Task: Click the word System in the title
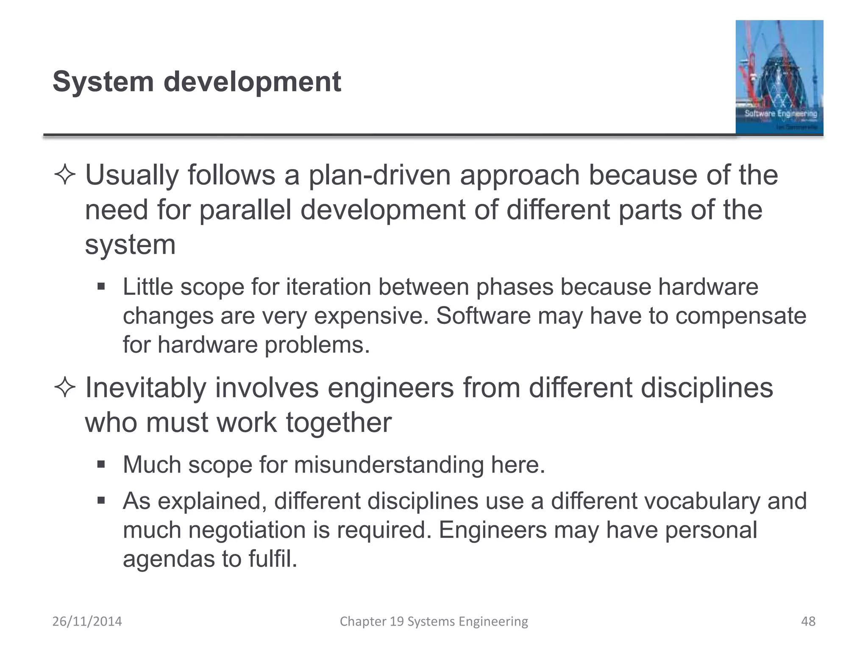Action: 103,82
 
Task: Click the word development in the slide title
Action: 252,82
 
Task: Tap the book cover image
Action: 779,77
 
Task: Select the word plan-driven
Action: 379,175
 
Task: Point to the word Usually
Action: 132,175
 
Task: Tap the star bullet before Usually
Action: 65,175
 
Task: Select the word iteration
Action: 328,287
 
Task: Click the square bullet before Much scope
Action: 101,465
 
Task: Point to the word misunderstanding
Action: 389,465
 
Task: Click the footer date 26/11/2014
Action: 87,621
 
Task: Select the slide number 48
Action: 808,621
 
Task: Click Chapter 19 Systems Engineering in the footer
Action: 434,621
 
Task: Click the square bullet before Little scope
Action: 101,287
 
